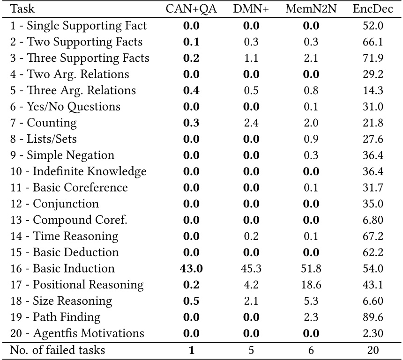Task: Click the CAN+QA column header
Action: pyautogui.click(x=191, y=9)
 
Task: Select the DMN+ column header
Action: pyautogui.click(x=251, y=9)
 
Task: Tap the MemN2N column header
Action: pyautogui.click(x=311, y=9)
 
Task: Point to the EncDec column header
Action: pyautogui.click(x=373, y=9)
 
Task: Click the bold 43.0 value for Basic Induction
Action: pyautogui.click(x=191, y=268)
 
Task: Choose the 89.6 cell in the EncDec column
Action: pyautogui.click(x=373, y=317)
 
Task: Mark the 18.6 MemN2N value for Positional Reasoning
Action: pyautogui.click(x=311, y=285)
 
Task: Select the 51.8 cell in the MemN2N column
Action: pyautogui.click(x=311, y=268)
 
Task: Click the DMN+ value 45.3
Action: pyautogui.click(x=251, y=268)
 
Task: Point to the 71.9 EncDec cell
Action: pyautogui.click(x=373, y=58)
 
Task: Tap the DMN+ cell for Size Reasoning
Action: pyautogui.click(x=251, y=301)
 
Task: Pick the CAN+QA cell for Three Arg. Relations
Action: pyautogui.click(x=191, y=90)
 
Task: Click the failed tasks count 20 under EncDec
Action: pyautogui.click(x=373, y=350)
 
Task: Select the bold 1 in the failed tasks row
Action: pyautogui.click(x=191, y=350)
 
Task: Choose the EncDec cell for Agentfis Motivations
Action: pyautogui.click(x=373, y=333)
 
